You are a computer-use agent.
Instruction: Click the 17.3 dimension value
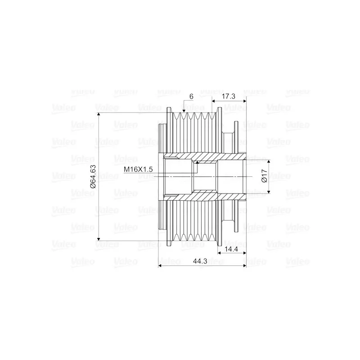(x=229, y=96)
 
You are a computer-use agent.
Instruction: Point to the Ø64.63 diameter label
(x=93, y=176)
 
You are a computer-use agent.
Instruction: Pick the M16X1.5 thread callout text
(x=139, y=169)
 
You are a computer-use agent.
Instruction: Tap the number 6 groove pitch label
(x=192, y=96)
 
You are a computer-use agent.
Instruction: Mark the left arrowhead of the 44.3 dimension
(x=161, y=265)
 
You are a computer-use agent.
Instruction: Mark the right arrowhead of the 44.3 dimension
(x=245, y=265)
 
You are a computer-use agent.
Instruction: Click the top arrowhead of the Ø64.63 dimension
(x=98, y=115)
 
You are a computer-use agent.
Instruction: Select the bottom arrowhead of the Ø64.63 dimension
(x=98, y=238)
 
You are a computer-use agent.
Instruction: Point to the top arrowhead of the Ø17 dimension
(x=270, y=162)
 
